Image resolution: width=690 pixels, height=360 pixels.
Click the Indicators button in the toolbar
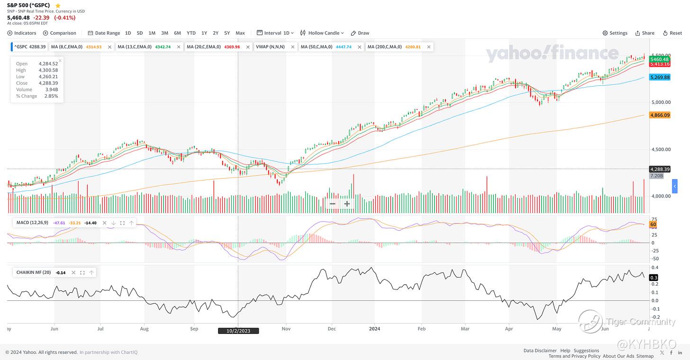tap(22, 33)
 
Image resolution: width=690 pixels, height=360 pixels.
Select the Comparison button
tap(60, 33)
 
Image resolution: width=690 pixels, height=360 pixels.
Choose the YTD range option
tap(191, 33)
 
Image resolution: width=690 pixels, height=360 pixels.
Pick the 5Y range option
tap(227, 33)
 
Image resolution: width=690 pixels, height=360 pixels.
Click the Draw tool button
tap(360, 33)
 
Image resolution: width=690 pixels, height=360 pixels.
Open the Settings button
tap(615, 33)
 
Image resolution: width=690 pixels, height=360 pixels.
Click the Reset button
tap(672, 33)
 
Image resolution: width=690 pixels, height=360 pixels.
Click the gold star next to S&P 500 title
tap(58, 6)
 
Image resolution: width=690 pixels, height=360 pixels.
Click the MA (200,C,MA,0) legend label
tap(384, 47)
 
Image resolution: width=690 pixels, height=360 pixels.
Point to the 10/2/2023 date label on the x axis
tap(238, 331)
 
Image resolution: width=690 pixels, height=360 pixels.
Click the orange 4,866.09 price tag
tap(660, 115)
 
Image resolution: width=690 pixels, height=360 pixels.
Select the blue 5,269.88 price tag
tap(660, 77)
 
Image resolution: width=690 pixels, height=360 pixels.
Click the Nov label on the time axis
tap(286, 328)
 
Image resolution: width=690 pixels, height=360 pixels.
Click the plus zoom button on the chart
tap(347, 204)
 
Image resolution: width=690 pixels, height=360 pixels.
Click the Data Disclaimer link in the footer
tap(540, 351)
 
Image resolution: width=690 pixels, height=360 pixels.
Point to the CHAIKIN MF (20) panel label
tap(33, 272)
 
